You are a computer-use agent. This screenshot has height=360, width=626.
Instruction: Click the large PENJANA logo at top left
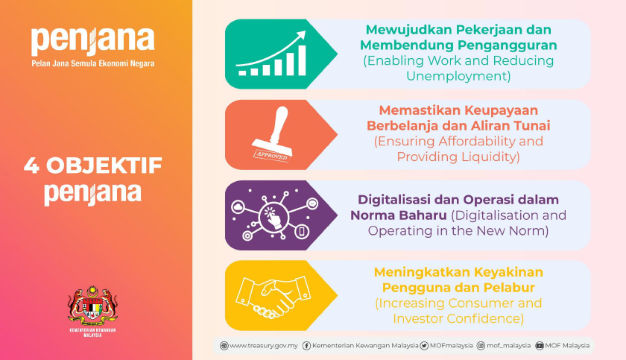pyautogui.click(x=92, y=40)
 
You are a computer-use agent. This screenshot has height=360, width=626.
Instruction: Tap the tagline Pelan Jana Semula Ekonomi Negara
pyautogui.click(x=93, y=64)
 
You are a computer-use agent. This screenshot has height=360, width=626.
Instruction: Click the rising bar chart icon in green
pyautogui.click(x=267, y=54)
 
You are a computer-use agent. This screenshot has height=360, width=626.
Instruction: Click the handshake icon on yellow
pyautogui.click(x=267, y=295)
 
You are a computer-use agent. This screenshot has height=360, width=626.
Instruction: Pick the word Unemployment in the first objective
pyautogui.click(x=458, y=76)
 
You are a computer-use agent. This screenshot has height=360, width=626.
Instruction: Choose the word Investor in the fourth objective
pyautogui.click(x=420, y=318)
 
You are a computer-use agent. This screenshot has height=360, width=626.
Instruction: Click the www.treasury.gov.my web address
pyautogui.click(x=264, y=346)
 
